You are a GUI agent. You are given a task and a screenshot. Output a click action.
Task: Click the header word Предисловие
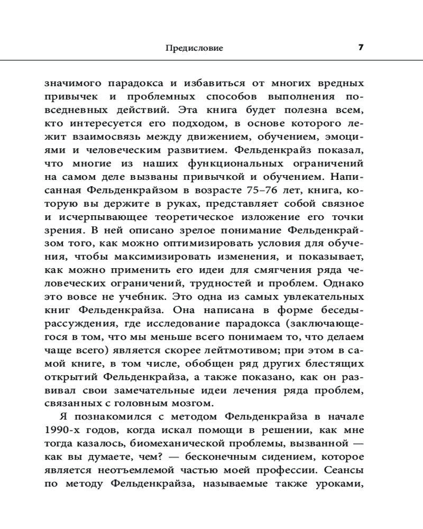194,48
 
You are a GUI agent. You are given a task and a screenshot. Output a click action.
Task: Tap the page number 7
361,48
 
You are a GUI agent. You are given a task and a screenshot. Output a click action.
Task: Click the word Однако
344,282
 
